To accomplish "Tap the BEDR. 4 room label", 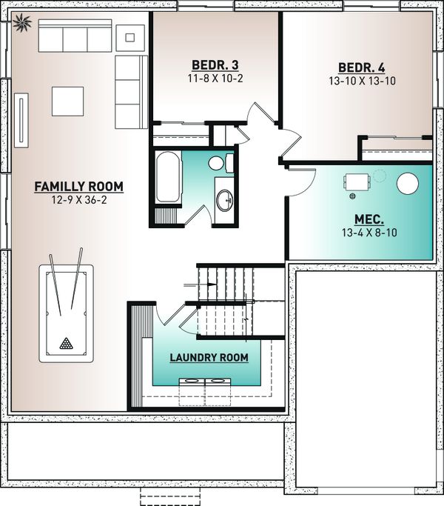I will click(363, 66).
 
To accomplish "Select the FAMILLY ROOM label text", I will click(78, 186).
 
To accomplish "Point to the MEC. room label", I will click(369, 219).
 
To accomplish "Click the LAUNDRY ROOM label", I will click(209, 358).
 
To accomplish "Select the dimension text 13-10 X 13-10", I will click(363, 80).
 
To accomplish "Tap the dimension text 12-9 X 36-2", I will click(78, 200).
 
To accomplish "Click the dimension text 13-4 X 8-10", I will click(369, 233).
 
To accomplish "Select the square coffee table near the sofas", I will click(67, 101).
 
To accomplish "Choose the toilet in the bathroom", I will click(218, 163).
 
